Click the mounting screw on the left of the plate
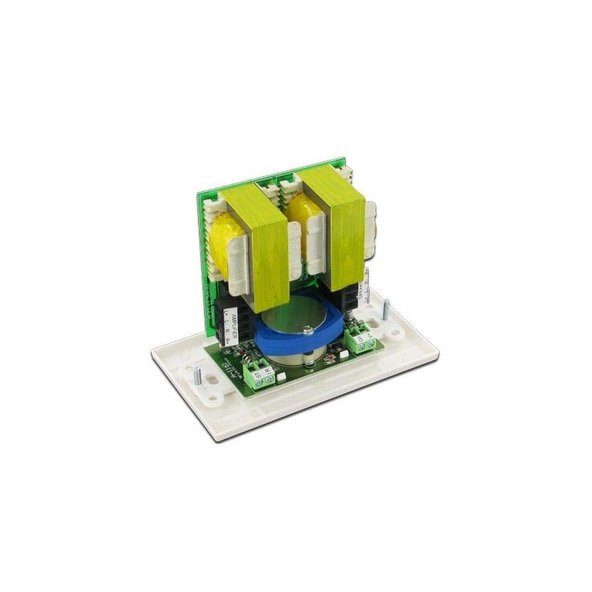[197, 374]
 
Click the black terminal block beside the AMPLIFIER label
[223, 311]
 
